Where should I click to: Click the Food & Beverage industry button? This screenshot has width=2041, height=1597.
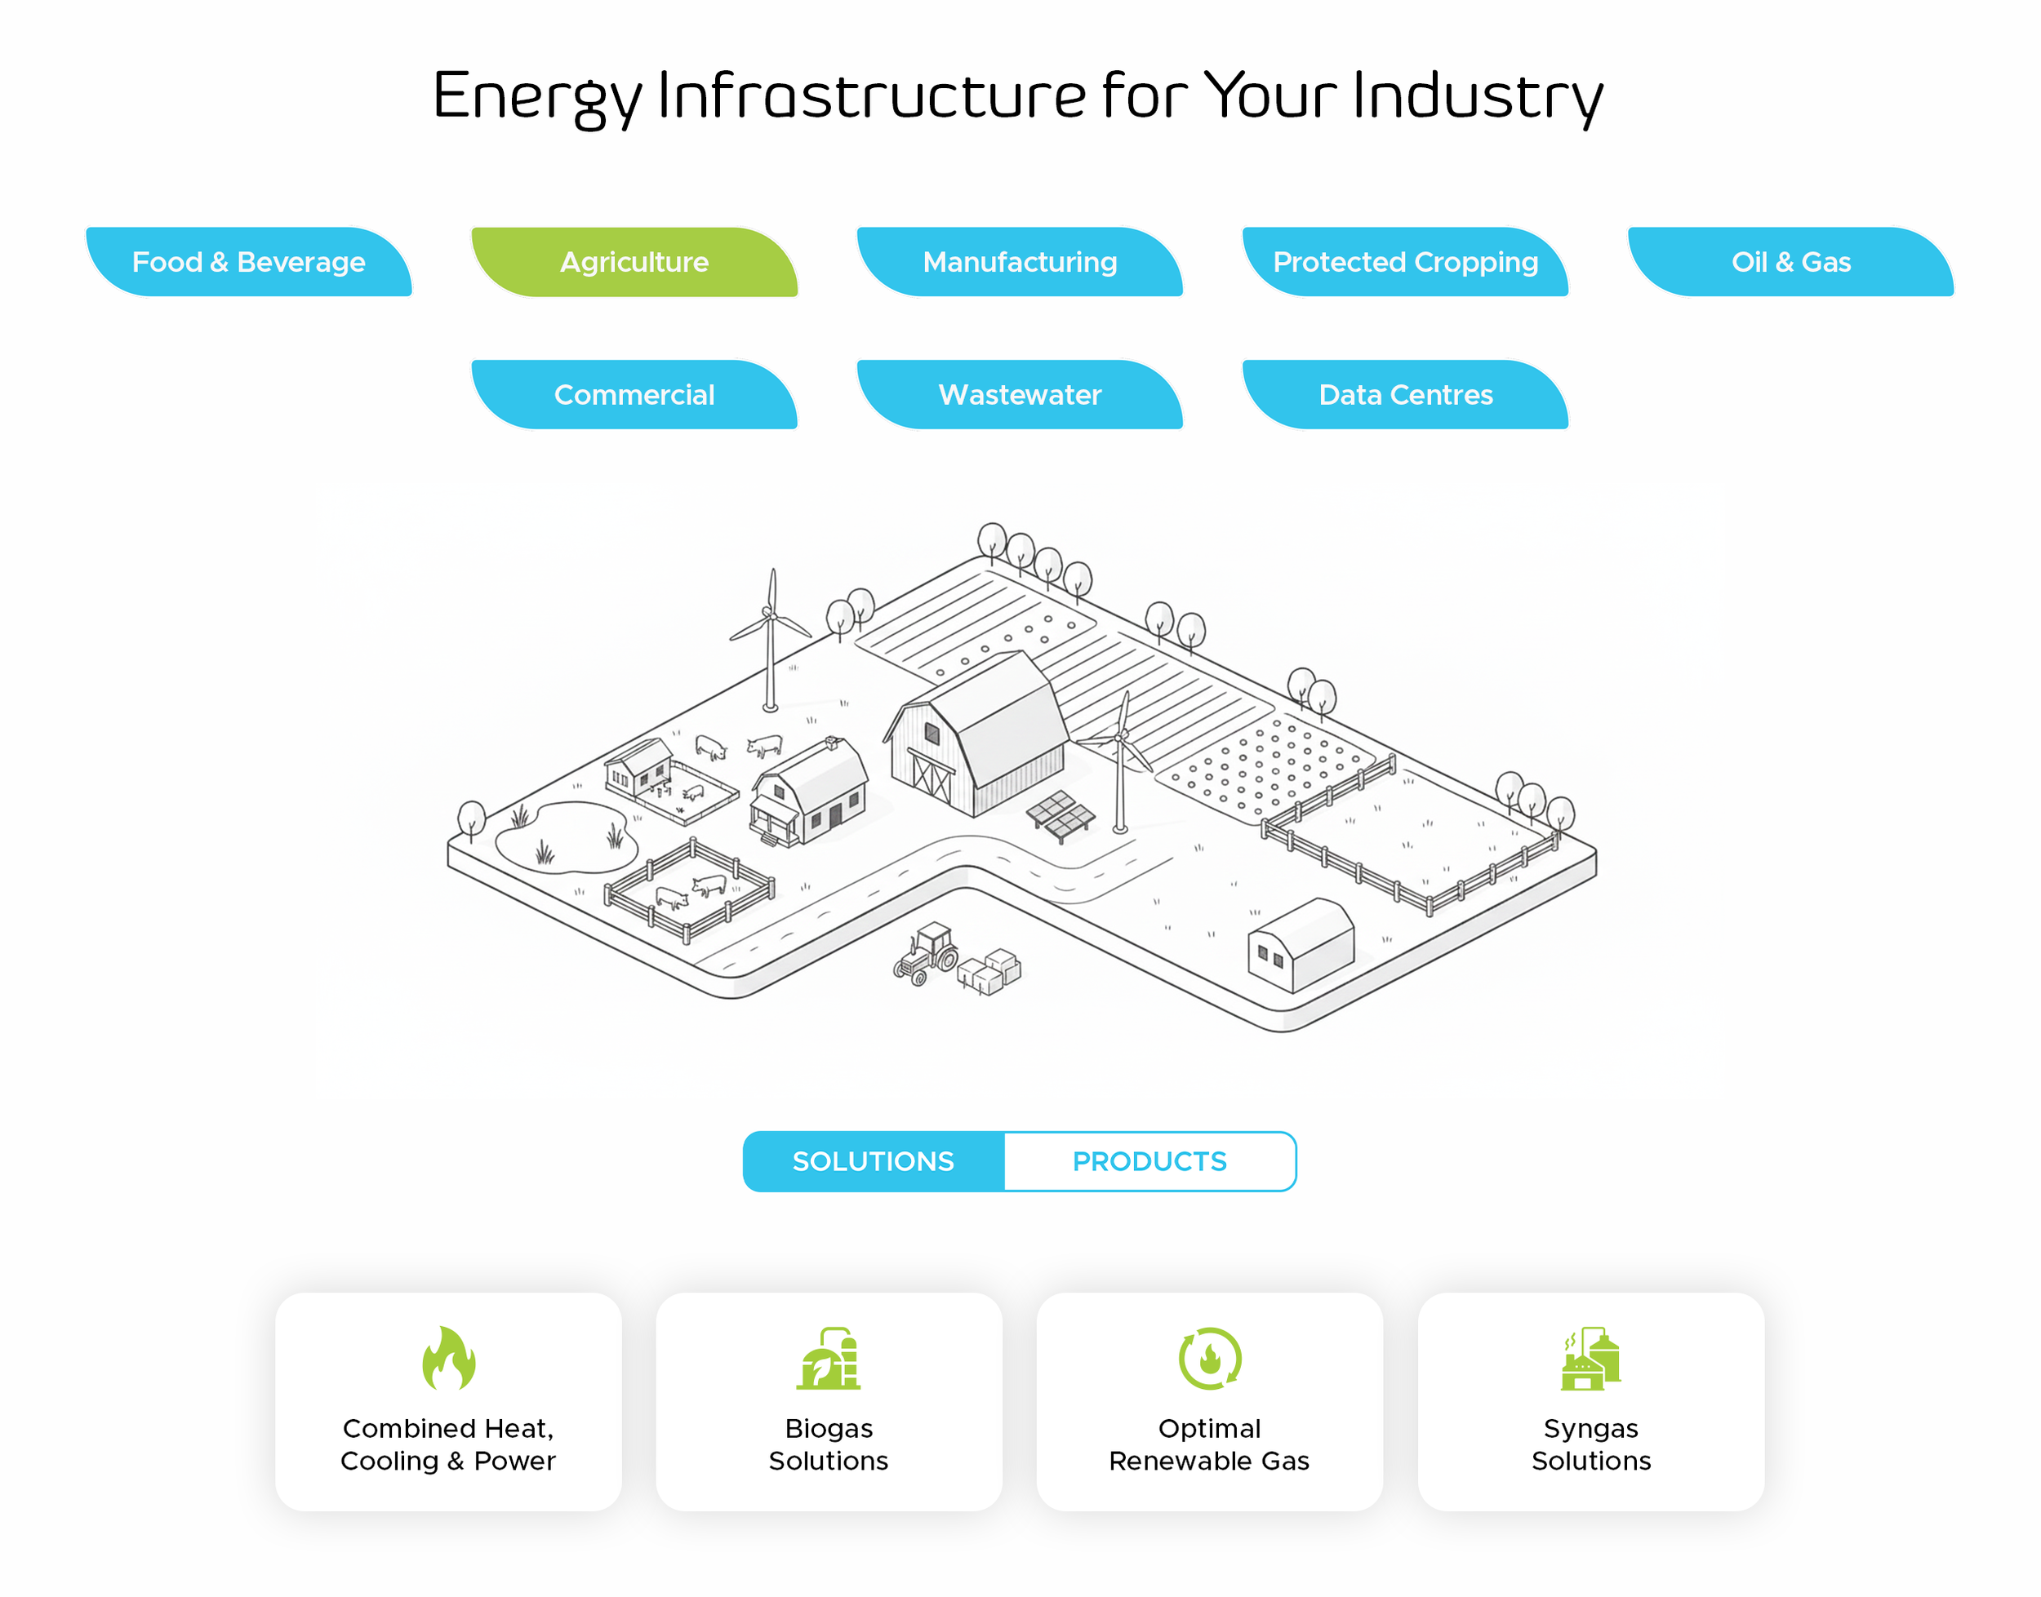pos(249,262)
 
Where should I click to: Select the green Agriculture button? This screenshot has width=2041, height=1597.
pos(634,262)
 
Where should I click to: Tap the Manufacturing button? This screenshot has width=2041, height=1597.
pos(1020,262)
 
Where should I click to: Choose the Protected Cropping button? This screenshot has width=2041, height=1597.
pos(1405,262)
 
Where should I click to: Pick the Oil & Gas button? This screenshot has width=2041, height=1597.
pos(1790,262)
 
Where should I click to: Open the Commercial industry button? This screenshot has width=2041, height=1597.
pos(634,395)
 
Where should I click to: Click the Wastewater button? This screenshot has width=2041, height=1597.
pos(1020,395)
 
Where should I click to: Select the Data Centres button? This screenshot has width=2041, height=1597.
pos(1405,395)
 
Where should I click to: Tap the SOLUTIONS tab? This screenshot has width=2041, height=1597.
pos(874,1161)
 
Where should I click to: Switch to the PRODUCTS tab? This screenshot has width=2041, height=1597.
pos(1149,1161)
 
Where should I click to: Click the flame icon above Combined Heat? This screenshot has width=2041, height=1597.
pos(449,1359)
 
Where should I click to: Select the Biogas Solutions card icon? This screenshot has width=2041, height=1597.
pos(829,1359)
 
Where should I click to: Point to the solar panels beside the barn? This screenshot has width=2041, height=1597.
pos(1061,814)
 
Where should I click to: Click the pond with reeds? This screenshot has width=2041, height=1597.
pos(566,836)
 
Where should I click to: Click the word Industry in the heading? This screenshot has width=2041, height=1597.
pos(1478,97)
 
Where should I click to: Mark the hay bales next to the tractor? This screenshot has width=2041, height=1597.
pos(989,971)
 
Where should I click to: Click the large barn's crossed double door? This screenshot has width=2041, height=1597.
pos(932,778)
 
